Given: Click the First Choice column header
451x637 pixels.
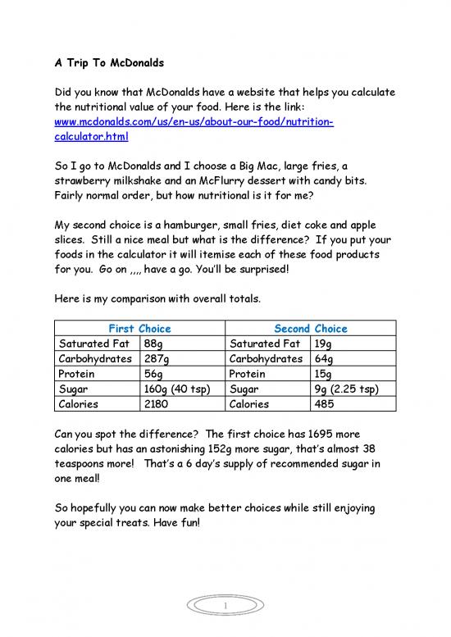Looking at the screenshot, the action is [x=138, y=328].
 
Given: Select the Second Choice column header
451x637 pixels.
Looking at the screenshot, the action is [x=310, y=328].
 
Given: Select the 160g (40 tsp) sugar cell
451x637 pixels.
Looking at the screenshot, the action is [x=177, y=388].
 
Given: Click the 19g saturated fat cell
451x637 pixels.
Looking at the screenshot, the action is [x=323, y=344].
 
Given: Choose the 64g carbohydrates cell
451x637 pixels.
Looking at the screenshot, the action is [x=323, y=358].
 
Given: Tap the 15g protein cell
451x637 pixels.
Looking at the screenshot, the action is [x=323, y=373].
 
